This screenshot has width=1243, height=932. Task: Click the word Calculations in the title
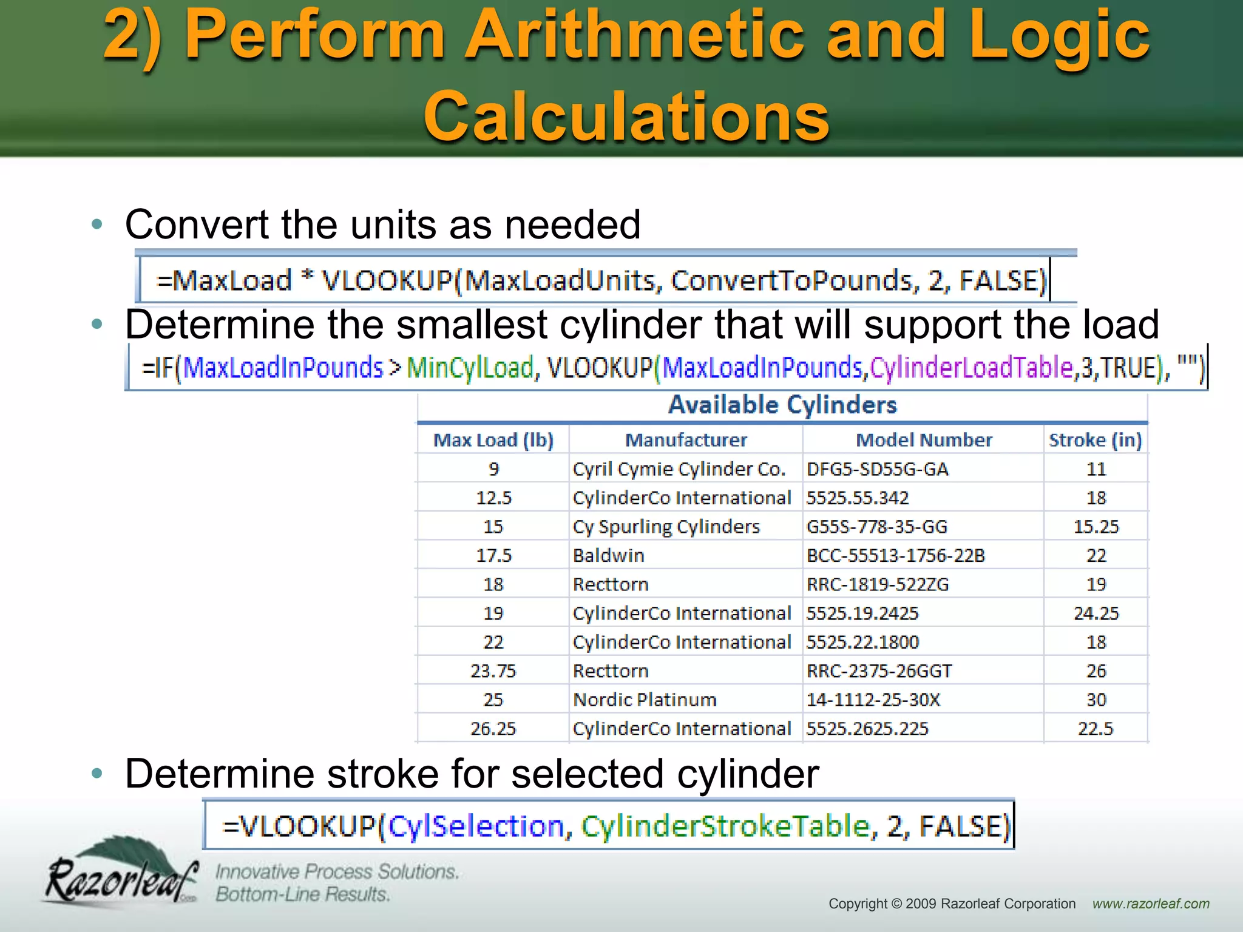coord(626,115)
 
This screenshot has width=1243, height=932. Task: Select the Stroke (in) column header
coord(1096,440)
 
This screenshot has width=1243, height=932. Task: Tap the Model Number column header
coord(924,440)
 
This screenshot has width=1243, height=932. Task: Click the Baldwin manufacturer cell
coord(609,555)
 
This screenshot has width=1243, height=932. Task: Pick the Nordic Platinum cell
coord(645,700)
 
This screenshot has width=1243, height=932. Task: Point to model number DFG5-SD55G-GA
coord(878,469)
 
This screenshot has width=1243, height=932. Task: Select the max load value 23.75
coord(493,671)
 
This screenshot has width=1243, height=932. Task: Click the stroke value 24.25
coord(1096,613)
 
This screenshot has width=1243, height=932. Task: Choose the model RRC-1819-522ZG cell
coord(878,584)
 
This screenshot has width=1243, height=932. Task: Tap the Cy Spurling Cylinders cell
coord(666,527)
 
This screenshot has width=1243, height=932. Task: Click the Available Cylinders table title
coord(782,405)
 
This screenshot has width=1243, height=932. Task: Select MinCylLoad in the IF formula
coord(470,368)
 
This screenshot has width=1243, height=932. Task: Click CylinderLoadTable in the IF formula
coord(972,368)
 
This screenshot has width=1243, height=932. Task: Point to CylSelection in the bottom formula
coord(476,826)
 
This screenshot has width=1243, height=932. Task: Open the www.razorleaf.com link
coord(1151,903)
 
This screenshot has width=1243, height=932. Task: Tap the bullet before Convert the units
coord(97,225)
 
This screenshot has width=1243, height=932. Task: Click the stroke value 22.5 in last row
coord(1096,729)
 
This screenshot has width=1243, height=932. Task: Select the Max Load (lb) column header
coord(493,440)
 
